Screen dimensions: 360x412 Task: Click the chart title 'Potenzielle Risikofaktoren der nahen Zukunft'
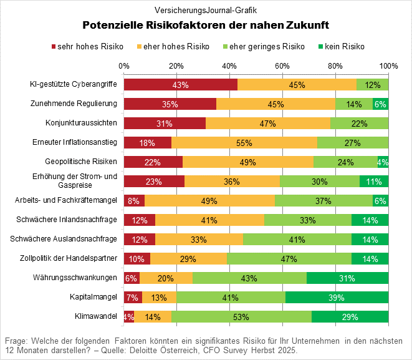[x=206, y=26]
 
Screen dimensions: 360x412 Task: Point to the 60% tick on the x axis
[x=282, y=66]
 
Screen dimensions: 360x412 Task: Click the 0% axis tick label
[x=123, y=66]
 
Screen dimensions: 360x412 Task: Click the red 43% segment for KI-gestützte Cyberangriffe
[x=180, y=85]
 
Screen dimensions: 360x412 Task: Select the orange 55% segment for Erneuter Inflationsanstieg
[x=244, y=143]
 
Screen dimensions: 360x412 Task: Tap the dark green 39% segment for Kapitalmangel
[x=337, y=297]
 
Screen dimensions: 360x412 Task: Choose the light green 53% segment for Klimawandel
[x=241, y=316]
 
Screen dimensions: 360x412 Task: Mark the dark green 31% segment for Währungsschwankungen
[x=347, y=278]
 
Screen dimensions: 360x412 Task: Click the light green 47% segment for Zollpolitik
[x=289, y=258]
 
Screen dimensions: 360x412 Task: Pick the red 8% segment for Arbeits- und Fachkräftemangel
[x=134, y=201]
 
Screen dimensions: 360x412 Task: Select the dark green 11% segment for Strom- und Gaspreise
[x=374, y=182]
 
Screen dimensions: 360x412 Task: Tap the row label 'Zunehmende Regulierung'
[x=74, y=103]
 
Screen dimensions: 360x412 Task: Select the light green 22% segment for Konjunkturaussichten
[x=359, y=124]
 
